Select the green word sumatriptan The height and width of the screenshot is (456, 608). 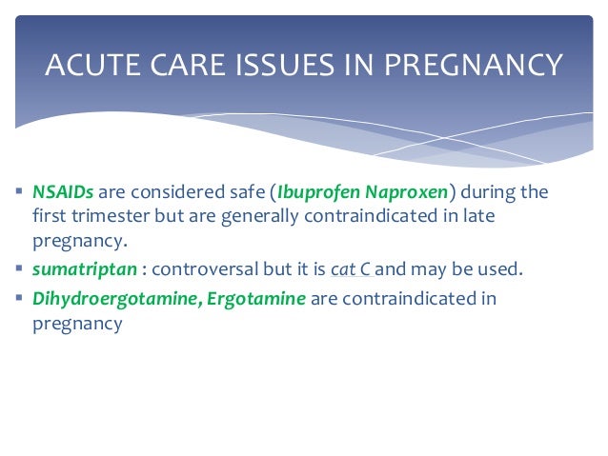pos(78,269)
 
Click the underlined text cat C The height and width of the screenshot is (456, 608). pos(350,269)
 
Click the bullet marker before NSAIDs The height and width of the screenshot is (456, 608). pos(20,191)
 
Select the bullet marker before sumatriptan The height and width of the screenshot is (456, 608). pos(20,268)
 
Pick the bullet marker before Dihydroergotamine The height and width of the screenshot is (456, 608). pos(20,298)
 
